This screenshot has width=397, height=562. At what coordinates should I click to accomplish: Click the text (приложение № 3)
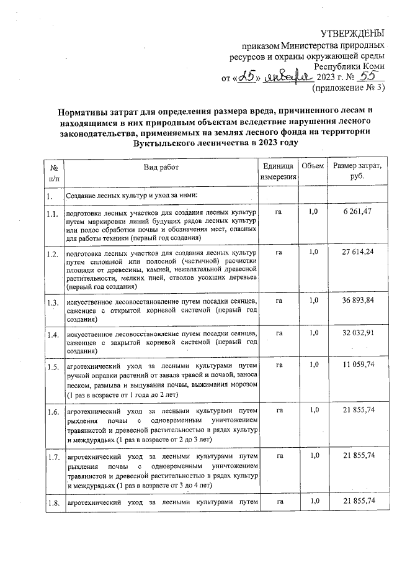click(348, 88)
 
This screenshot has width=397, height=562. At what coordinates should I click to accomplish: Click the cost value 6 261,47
click(357, 212)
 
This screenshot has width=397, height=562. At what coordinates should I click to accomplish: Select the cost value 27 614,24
click(357, 252)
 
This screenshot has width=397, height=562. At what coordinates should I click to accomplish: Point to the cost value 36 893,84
click(357, 300)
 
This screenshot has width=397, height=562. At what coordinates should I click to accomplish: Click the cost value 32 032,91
click(357, 333)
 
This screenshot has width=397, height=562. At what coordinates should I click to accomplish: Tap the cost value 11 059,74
click(357, 364)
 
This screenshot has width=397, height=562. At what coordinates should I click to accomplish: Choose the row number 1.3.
click(52, 302)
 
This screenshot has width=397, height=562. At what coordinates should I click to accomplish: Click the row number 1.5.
click(52, 366)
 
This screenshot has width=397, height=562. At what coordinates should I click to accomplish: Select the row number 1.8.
click(52, 502)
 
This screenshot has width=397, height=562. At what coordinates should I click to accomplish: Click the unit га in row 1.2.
click(279, 252)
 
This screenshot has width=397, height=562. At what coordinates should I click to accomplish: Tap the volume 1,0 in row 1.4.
click(313, 333)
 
